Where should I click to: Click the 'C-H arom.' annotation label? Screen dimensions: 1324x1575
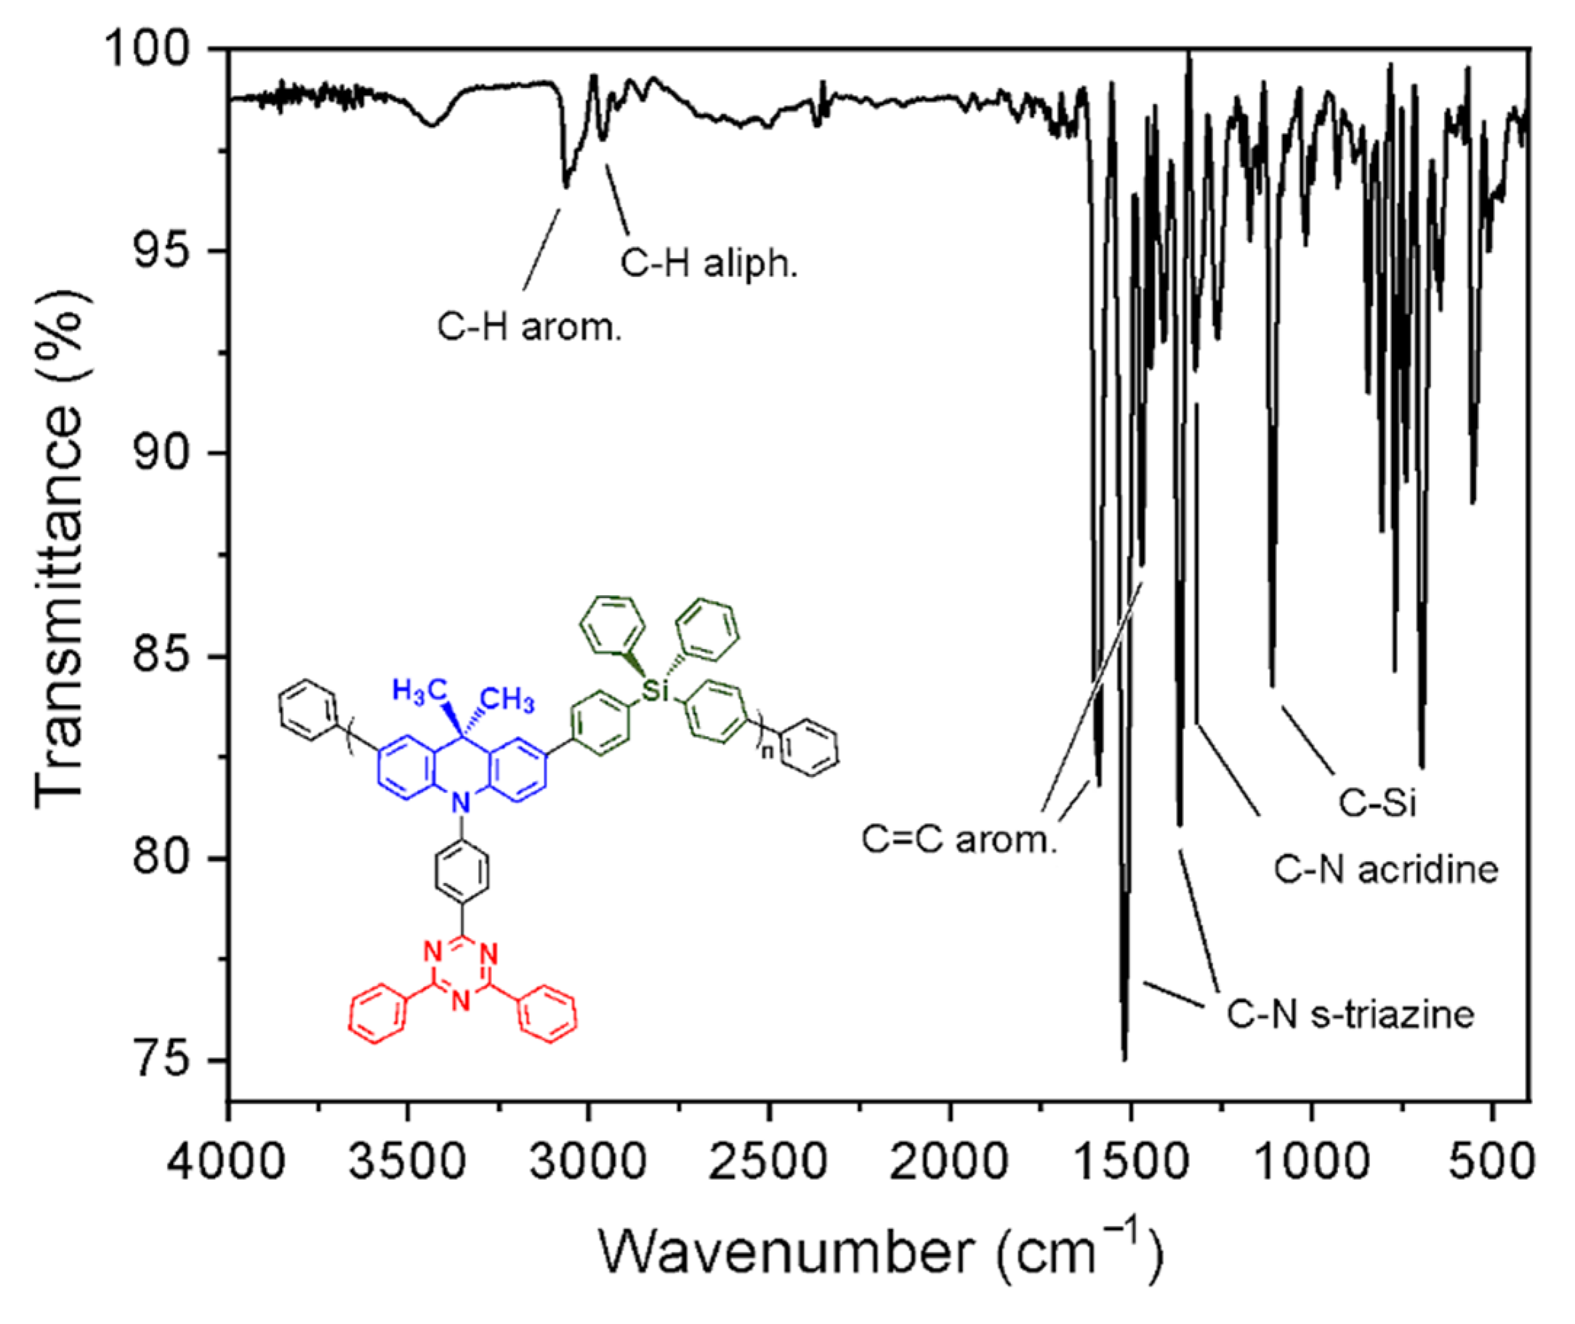[x=530, y=327]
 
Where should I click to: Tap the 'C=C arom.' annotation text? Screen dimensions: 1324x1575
[x=959, y=839]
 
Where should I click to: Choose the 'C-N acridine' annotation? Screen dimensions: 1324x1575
[x=1386, y=870]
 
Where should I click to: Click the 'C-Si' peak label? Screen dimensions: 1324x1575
[x=1377, y=803]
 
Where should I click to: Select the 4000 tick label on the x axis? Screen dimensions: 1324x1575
[x=226, y=1160]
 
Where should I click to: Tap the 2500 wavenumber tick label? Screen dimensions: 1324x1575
[x=769, y=1160]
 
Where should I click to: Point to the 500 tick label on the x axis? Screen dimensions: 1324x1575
[x=1491, y=1160]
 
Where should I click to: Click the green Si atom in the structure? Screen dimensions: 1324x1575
[x=655, y=690]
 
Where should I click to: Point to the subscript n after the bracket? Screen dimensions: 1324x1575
[x=767, y=751]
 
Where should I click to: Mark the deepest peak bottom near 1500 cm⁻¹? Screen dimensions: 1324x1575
[x=1124, y=1058]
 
